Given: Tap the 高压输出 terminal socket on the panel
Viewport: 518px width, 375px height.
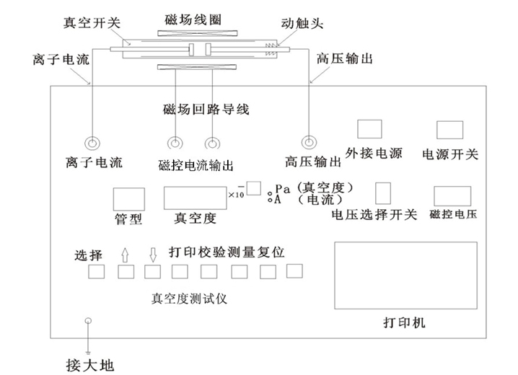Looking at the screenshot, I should click(310, 142).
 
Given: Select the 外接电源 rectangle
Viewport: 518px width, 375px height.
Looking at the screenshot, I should click(369, 128).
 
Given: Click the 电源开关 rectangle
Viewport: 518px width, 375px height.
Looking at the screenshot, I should click(449, 129).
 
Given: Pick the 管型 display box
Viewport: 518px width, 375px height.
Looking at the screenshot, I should click(128, 198).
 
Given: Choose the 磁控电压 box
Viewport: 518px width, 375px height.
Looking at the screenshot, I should click(452, 197).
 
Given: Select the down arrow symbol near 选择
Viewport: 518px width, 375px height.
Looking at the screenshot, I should click(152, 255).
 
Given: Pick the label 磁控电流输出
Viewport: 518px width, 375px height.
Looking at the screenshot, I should click(195, 165).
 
